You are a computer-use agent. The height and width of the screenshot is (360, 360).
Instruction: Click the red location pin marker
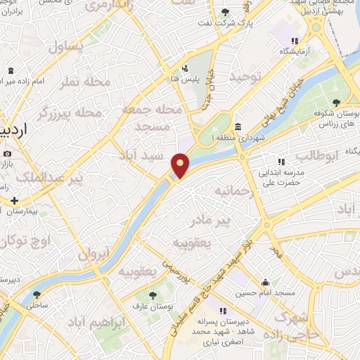click(x=181, y=165)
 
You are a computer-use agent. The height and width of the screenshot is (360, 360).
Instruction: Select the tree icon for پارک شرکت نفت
click(x=224, y=13)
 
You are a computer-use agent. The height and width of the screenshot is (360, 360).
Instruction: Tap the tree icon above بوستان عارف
click(x=153, y=295)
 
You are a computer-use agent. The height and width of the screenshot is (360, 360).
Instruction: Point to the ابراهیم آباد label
click(x=94, y=321)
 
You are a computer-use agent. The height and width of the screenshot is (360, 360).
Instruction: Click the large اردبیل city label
click(x=15, y=131)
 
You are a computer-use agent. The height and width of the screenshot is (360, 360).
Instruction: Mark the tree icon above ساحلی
click(x=37, y=295)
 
